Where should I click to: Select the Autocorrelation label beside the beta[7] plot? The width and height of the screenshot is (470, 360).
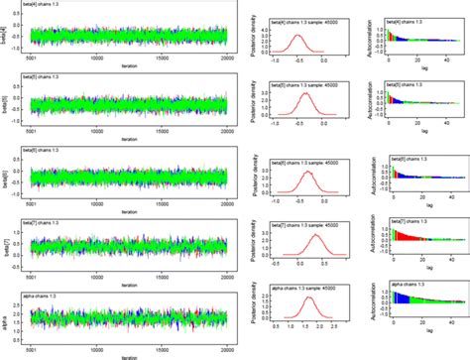pyautogui.click(x=366, y=243)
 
